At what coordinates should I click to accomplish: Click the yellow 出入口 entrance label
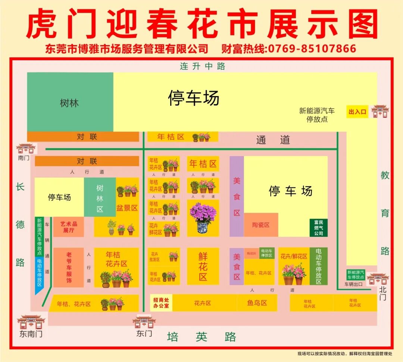pyautogui.click(x=357, y=111)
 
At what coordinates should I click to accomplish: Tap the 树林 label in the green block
pyautogui.click(x=69, y=103)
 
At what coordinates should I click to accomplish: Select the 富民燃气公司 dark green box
pyautogui.click(x=318, y=228)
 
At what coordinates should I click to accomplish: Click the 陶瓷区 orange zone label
pyautogui.click(x=261, y=225)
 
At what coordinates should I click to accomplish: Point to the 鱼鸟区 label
pyautogui.click(x=257, y=303)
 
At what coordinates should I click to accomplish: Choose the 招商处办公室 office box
pyautogui.click(x=161, y=303)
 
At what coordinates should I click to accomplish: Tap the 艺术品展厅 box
pyautogui.click(x=69, y=227)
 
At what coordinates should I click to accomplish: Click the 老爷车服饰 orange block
pyautogui.click(x=69, y=267)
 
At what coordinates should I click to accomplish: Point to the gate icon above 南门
pyautogui.click(x=26, y=149)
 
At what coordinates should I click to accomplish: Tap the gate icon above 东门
pyautogui.click(x=144, y=321)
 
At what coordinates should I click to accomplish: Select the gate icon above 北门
pyautogui.click(x=378, y=279)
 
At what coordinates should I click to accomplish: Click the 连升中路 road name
pyautogui.click(x=203, y=66)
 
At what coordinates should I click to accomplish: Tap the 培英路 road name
pyautogui.click(x=201, y=337)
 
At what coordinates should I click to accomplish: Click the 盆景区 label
pyautogui.click(x=127, y=208)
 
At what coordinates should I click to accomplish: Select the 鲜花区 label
pyautogui.click(x=203, y=266)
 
